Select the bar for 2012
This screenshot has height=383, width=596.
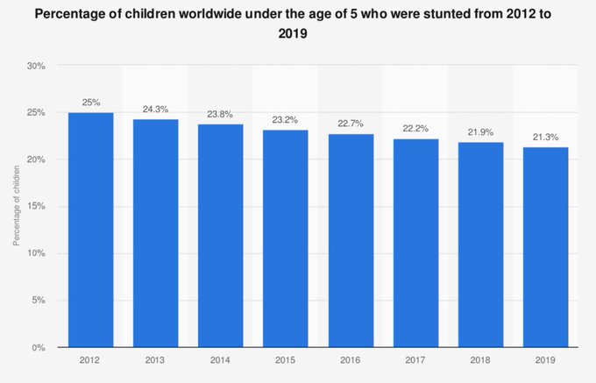[x=90, y=230]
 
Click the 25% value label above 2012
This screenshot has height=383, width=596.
[x=90, y=103]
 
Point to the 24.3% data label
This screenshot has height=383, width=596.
[x=155, y=110]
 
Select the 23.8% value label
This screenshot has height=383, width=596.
[x=221, y=114]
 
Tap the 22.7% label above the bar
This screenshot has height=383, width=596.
[x=351, y=124]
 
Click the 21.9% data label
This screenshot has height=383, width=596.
[x=481, y=131]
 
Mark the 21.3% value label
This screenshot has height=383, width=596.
[x=546, y=137]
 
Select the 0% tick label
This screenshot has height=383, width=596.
[x=39, y=348]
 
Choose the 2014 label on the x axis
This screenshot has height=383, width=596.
[x=221, y=359]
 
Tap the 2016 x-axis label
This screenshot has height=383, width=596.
[x=351, y=359]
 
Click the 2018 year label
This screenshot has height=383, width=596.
[x=481, y=359]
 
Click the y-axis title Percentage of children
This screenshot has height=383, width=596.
[x=16, y=207]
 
